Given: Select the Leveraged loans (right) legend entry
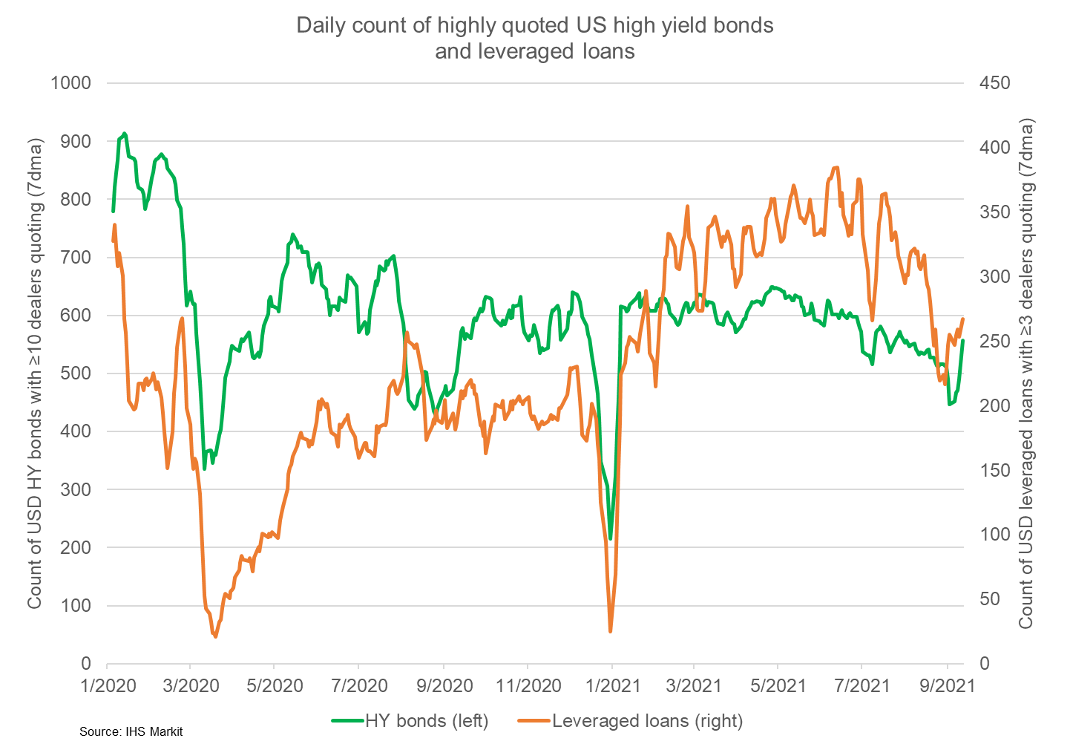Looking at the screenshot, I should (647, 720).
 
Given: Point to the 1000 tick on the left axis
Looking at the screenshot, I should (70, 83).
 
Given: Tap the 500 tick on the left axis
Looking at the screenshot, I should (75, 373).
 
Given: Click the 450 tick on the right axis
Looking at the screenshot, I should (995, 83).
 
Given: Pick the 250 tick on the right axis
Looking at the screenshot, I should (995, 341).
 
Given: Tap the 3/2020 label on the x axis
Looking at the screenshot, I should (191, 685).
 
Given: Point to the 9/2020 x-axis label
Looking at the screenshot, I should (443, 685).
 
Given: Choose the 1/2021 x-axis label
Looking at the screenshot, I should (611, 685).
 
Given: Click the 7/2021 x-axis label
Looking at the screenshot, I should (861, 685).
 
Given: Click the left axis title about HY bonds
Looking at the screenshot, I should (35, 373).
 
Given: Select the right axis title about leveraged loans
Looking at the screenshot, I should (1026, 373).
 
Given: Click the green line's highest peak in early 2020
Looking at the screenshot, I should (124, 134).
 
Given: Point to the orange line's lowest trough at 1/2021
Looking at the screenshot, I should (611, 631).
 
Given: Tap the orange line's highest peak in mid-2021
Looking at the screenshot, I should (836, 167).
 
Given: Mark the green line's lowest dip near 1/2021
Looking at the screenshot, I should (610, 538).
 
